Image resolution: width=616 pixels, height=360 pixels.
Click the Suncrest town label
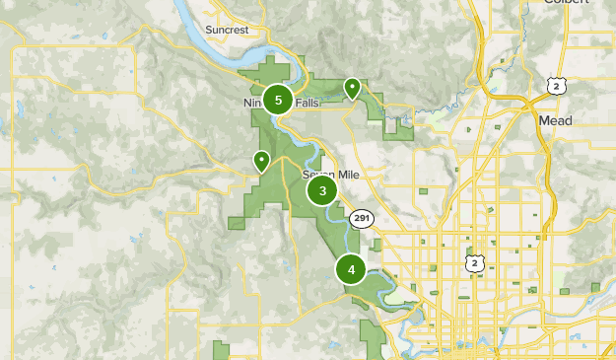(x=228, y=31)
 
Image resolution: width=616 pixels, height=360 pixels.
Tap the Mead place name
(x=555, y=119)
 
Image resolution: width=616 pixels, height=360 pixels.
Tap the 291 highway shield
(x=361, y=219)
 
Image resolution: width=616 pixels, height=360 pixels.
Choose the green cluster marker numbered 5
(x=279, y=100)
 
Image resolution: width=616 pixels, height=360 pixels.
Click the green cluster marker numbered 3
(x=322, y=190)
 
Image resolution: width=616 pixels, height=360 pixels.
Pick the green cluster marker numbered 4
(x=351, y=269)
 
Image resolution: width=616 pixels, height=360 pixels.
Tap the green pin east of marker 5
(x=351, y=90)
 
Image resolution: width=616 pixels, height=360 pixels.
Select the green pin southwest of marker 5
(x=261, y=161)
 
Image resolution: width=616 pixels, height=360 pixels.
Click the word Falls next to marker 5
(x=306, y=102)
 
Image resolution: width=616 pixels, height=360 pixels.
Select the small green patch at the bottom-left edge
(x=221, y=351)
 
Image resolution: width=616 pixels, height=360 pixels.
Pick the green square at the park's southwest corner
(x=237, y=224)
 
